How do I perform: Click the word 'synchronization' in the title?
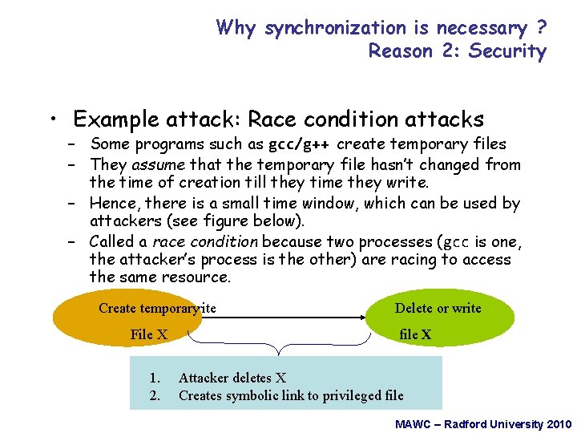click(335, 29)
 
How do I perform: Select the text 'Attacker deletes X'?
click(232, 378)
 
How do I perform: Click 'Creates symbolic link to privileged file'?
click(291, 395)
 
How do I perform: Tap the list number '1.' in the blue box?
click(155, 378)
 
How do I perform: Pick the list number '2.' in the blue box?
click(155, 395)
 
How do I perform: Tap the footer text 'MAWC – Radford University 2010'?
click(483, 423)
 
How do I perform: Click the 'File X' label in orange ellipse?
click(149, 334)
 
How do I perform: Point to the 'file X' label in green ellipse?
click(415, 334)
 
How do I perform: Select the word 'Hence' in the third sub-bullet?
click(111, 204)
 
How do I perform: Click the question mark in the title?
click(542, 29)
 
